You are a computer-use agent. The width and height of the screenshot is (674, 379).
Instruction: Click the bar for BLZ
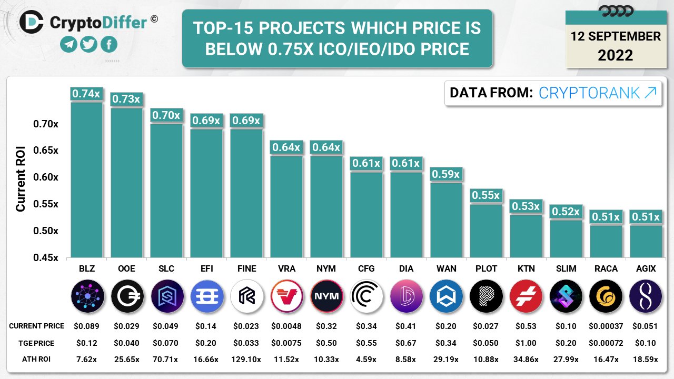(86, 179)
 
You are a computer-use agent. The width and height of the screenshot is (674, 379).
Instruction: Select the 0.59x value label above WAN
(446, 174)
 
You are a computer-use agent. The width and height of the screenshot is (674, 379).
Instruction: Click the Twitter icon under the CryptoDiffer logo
(88, 44)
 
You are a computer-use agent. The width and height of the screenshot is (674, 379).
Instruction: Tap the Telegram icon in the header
(68, 44)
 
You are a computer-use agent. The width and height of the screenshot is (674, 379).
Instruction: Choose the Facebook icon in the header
(109, 44)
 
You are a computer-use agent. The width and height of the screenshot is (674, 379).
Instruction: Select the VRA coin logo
(286, 296)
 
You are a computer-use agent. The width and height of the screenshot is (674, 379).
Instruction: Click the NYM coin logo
(326, 296)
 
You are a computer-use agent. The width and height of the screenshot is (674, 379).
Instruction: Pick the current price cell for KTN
(526, 326)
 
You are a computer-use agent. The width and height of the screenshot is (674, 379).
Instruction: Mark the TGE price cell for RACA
(606, 343)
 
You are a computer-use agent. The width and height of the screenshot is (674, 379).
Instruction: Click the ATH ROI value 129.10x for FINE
(246, 360)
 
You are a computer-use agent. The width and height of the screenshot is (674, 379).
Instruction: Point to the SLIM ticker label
(566, 268)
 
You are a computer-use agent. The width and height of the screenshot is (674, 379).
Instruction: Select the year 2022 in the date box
(615, 55)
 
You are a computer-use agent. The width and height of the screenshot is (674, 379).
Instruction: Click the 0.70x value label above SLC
(166, 115)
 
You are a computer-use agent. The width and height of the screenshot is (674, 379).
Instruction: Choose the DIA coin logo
(406, 296)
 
